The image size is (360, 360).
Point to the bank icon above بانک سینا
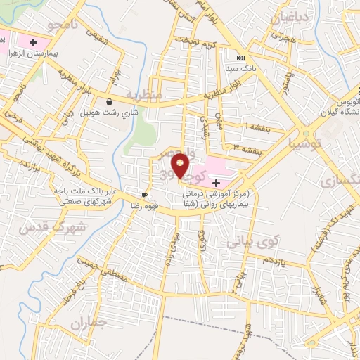[x=241, y=57]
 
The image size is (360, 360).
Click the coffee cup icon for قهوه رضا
[x=144, y=195]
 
